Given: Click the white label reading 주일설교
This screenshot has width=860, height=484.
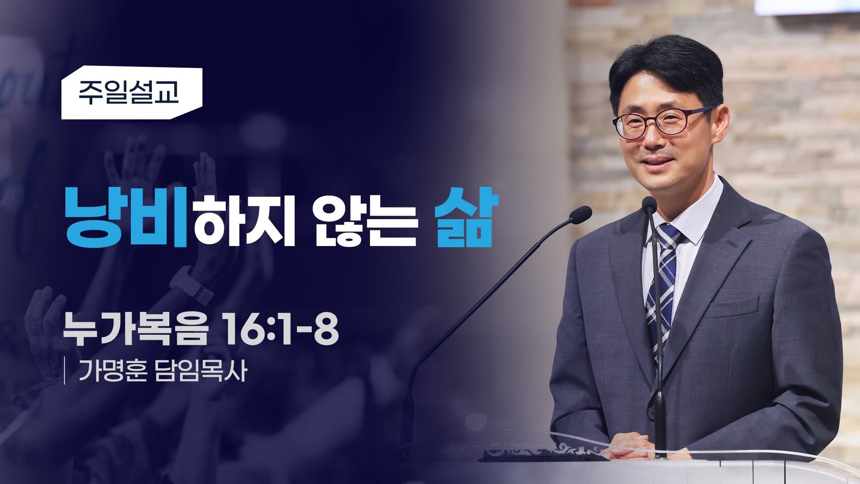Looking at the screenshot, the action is click(132, 93).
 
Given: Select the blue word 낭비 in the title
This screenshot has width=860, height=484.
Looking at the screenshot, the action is click(126, 217).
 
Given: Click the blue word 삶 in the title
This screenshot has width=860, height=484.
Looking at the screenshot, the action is click(467, 217).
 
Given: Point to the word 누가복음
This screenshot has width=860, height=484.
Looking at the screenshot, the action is click(136, 328).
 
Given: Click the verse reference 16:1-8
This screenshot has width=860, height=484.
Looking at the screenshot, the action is click(280, 328).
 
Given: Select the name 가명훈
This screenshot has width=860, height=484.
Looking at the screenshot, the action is click(113, 371).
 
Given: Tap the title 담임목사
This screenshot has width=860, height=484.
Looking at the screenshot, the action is click(201, 371).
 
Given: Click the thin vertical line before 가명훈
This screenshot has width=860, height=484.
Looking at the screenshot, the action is click(65, 371).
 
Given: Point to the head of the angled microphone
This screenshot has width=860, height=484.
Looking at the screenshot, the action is click(580, 215).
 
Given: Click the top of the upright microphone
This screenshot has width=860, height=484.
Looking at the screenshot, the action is click(649, 204).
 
